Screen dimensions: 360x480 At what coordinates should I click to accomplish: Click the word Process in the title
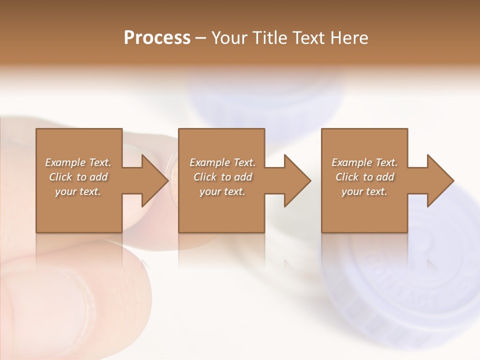point(157,38)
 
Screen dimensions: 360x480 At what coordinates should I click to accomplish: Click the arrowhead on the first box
point(154,180)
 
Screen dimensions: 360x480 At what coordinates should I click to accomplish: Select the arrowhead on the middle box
point(297,180)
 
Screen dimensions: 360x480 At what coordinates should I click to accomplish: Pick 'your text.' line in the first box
point(78,191)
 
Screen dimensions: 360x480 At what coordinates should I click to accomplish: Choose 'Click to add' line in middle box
point(222,177)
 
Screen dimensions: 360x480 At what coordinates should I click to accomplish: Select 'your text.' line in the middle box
point(222,191)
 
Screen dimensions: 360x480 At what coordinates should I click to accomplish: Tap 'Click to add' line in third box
point(364,177)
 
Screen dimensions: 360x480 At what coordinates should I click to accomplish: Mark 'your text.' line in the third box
point(364,191)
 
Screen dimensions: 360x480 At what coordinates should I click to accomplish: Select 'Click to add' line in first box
point(78,177)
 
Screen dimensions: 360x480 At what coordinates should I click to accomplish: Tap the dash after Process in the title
point(201,38)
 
